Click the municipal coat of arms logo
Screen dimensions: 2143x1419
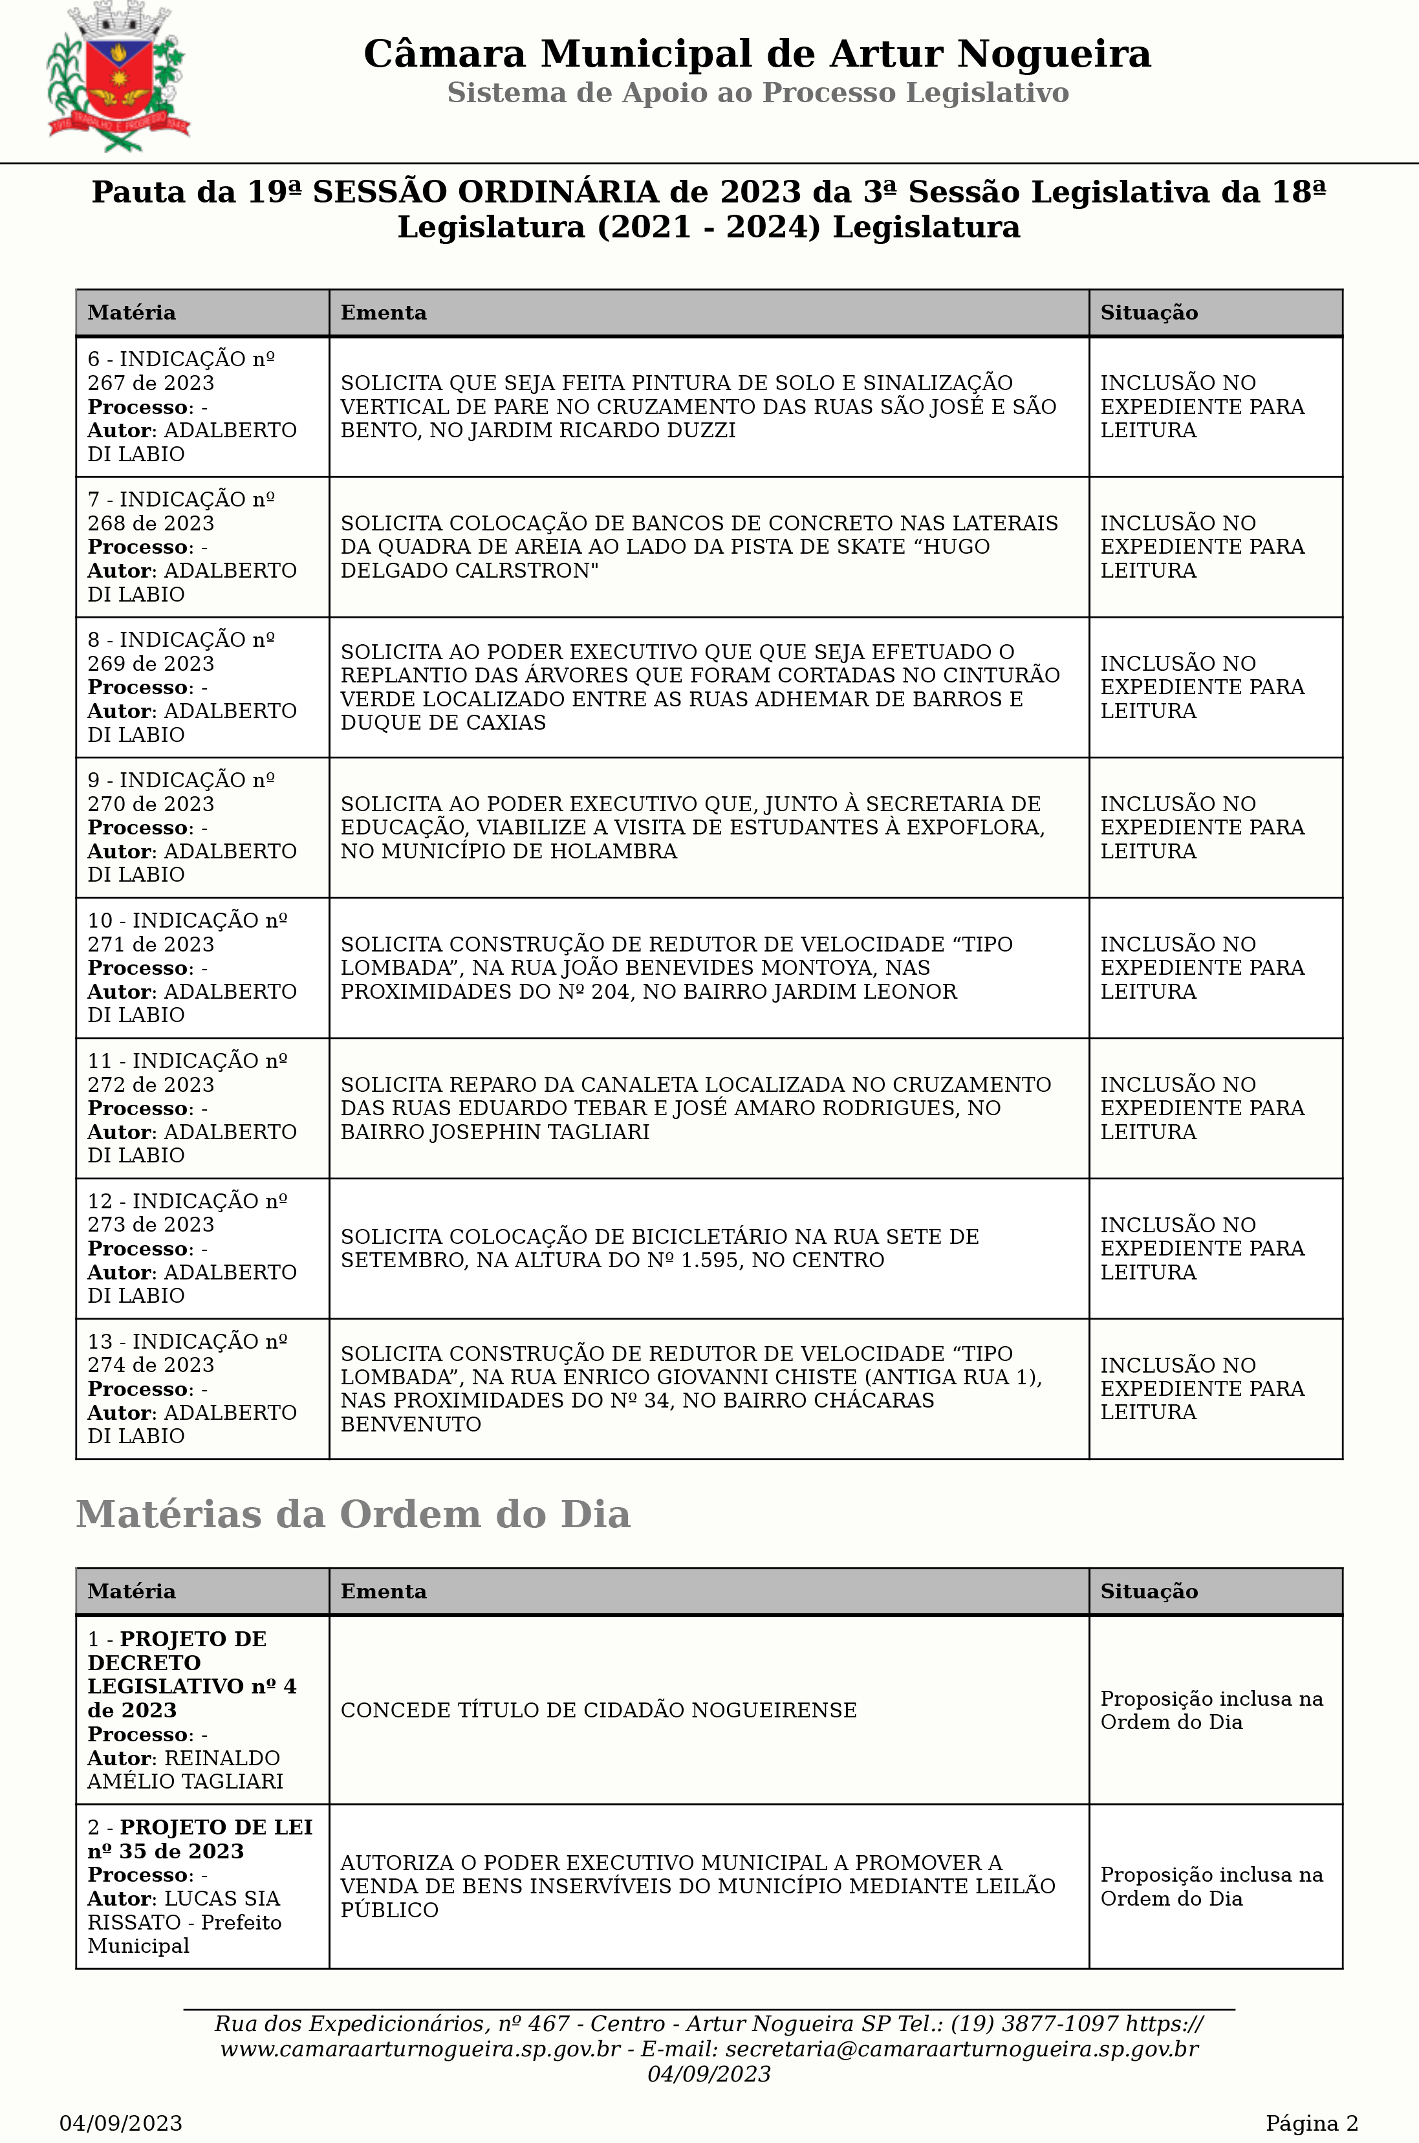[x=118, y=78]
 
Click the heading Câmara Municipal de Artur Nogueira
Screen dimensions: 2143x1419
[x=757, y=54]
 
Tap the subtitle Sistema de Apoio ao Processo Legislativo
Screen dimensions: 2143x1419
[x=757, y=92]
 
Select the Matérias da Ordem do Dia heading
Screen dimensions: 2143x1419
[x=353, y=1514]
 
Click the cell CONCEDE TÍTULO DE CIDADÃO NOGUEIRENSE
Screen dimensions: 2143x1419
[x=598, y=1710]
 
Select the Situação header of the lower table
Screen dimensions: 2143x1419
[x=1149, y=1591]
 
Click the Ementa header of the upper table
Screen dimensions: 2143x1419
[x=384, y=312]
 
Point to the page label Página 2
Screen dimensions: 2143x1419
[x=1311, y=2123]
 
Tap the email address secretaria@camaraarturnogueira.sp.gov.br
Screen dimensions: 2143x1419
[x=961, y=2049]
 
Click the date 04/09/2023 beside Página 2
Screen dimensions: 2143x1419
[x=121, y=2123]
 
